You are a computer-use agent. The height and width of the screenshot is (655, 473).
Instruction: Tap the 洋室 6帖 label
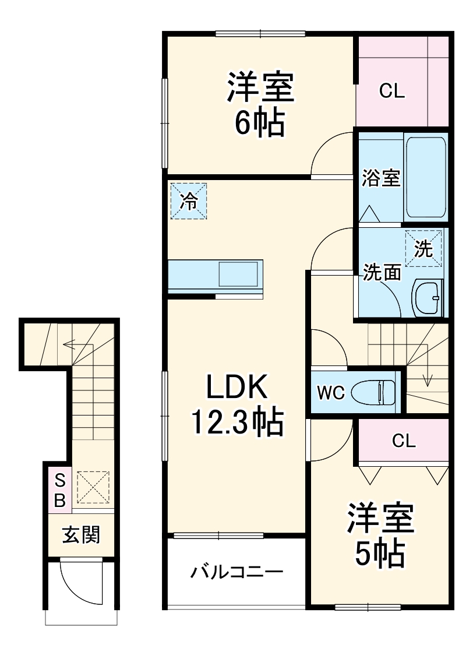(260, 104)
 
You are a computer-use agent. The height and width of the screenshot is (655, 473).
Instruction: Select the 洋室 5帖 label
(380, 534)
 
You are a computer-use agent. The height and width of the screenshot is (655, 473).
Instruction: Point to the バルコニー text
(237, 572)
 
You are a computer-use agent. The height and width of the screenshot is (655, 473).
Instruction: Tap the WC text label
(330, 392)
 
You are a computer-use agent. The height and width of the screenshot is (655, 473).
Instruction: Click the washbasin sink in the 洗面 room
(428, 298)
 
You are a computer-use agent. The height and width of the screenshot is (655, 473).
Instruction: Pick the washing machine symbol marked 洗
(423, 249)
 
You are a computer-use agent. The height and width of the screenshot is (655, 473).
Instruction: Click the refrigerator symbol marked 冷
(189, 201)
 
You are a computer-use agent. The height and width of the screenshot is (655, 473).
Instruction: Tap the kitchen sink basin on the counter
(238, 274)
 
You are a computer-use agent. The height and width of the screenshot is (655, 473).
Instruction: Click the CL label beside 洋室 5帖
(403, 441)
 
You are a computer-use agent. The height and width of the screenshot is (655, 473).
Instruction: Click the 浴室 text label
(381, 178)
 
